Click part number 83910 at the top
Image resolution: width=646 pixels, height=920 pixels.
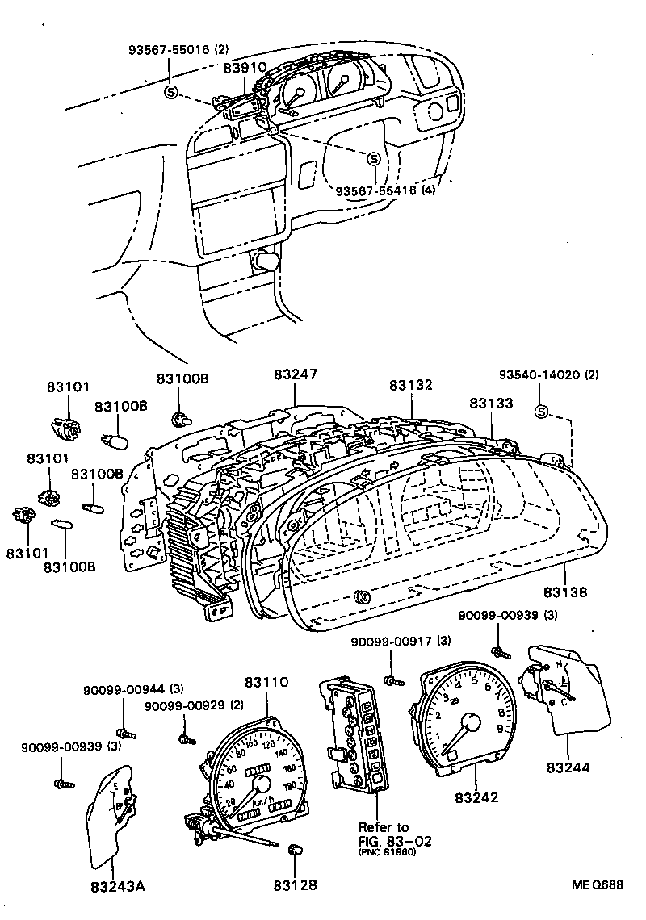(244, 69)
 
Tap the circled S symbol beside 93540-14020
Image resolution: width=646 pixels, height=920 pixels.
(541, 413)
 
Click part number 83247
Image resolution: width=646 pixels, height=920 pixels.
(295, 374)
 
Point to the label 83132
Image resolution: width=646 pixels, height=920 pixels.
(410, 385)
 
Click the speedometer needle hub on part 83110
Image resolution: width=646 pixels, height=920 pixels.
(261, 785)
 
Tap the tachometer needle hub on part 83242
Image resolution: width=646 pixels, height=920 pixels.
(468, 721)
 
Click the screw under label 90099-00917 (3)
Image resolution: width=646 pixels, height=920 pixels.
(394, 680)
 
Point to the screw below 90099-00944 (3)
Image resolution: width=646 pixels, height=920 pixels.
(125, 733)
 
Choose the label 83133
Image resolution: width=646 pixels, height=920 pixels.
(491, 401)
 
